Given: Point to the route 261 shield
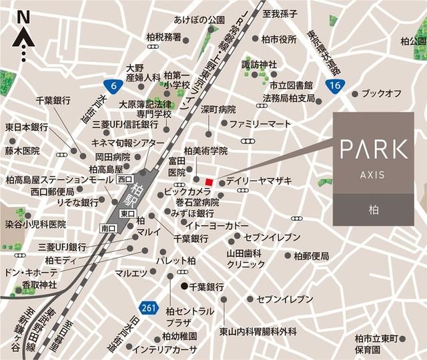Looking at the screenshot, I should click(149, 307).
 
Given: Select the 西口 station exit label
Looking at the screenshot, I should click(125, 180).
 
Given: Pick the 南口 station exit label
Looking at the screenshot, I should click(109, 228).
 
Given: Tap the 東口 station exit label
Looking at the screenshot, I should click(127, 212).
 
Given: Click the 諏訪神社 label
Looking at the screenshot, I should click(259, 64).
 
